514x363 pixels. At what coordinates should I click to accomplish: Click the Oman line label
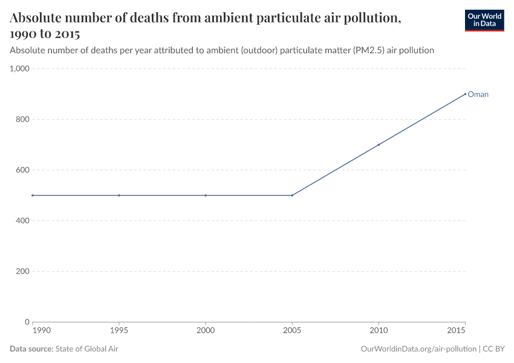pyautogui.click(x=478, y=94)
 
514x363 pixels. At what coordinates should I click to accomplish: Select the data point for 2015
pyautogui.click(x=465, y=94)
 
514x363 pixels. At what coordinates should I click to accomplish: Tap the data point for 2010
pyautogui.click(x=379, y=145)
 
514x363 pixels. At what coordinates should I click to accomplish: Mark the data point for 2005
pyautogui.click(x=292, y=195)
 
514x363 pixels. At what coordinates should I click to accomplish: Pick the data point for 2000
pyautogui.click(x=206, y=195)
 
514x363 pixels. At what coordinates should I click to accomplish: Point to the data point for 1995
pyautogui.click(x=119, y=195)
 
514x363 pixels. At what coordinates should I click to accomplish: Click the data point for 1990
pyautogui.click(x=33, y=195)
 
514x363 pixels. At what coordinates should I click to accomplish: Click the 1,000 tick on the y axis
pyautogui.click(x=19, y=69)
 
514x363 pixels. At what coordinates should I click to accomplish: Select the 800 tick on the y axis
pyautogui.click(x=22, y=119)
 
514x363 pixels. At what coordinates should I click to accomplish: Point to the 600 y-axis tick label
pyautogui.click(x=22, y=170)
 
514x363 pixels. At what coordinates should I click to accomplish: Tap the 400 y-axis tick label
pyautogui.click(x=22, y=221)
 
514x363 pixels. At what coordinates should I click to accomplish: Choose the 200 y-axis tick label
pyautogui.click(x=22, y=271)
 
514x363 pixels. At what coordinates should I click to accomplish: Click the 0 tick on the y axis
pyautogui.click(x=27, y=322)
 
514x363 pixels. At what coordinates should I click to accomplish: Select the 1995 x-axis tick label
pyautogui.click(x=119, y=331)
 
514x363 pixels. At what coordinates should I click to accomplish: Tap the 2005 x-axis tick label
pyautogui.click(x=292, y=331)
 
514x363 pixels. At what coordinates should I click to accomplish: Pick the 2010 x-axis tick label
pyautogui.click(x=379, y=331)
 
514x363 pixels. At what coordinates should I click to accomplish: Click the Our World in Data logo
pyautogui.click(x=484, y=20)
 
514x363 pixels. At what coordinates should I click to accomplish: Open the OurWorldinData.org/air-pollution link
pyautogui.click(x=418, y=349)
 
